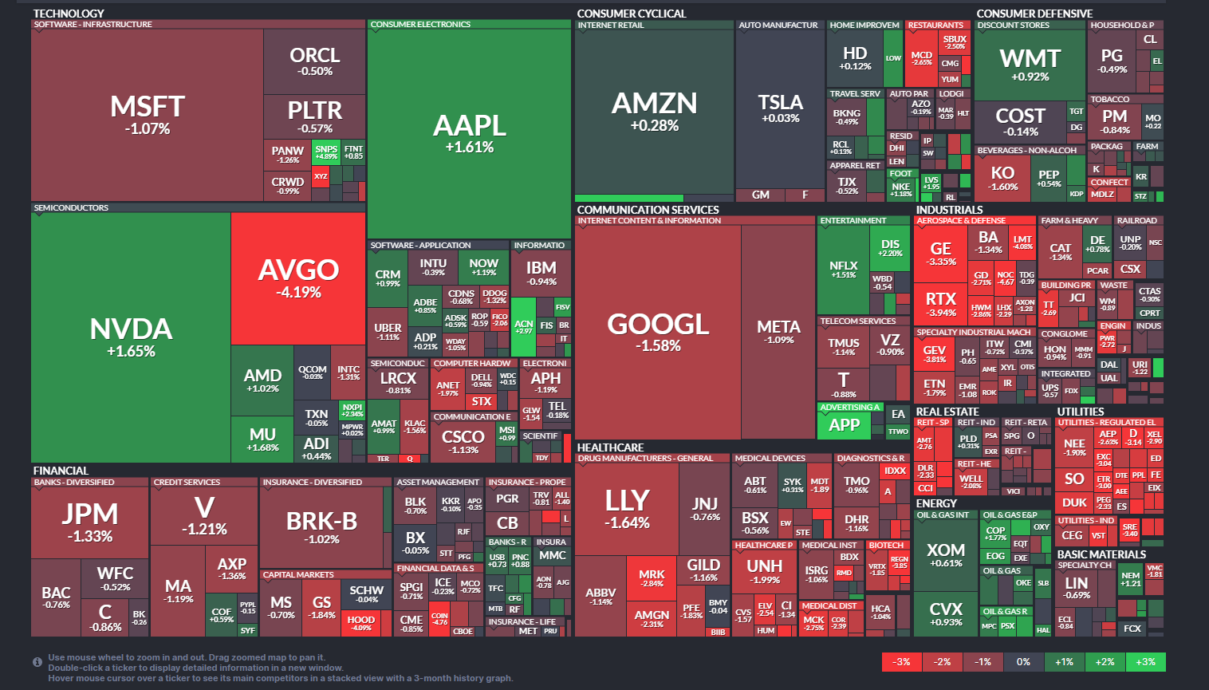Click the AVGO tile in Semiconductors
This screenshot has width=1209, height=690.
click(x=298, y=278)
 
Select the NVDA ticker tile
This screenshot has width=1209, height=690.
click(x=131, y=337)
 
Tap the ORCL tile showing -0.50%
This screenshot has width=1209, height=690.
click(x=314, y=61)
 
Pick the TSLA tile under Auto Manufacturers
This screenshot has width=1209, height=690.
click(x=780, y=108)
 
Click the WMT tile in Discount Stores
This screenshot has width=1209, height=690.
click(x=1030, y=65)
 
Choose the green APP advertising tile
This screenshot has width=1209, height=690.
click(x=845, y=425)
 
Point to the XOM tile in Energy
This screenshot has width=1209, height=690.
click(x=946, y=554)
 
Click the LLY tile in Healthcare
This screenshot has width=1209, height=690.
click(x=627, y=508)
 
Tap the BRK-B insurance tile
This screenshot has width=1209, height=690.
click(x=322, y=527)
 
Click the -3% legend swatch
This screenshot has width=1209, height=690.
click(x=901, y=662)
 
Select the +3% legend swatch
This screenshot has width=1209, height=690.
click(x=1145, y=662)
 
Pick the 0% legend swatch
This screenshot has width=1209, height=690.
click(x=1023, y=662)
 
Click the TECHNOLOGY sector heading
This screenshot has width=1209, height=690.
click(x=69, y=14)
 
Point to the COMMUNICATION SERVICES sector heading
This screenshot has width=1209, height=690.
click(x=648, y=210)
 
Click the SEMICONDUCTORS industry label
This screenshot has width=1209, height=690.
click(x=71, y=207)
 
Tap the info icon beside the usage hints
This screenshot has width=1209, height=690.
click(x=37, y=662)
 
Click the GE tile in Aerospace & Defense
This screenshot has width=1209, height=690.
click(x=940, y=254)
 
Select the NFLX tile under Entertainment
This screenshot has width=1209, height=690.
click(x=843, y=270)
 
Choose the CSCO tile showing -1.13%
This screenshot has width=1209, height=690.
click(x=463, y=441)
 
